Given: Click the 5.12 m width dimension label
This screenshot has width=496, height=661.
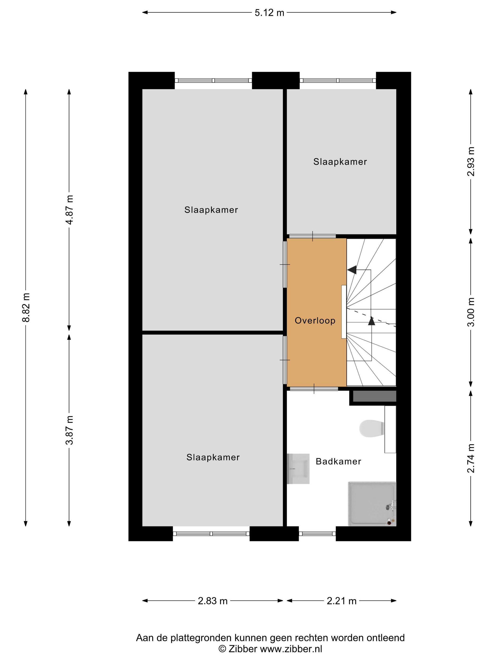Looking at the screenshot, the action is click(269, 13).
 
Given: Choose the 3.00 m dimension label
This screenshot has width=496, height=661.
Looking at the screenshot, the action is click(471, 312).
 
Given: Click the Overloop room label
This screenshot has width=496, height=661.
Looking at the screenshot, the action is click(315, 321).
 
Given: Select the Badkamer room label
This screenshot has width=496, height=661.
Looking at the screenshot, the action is click(338, 462).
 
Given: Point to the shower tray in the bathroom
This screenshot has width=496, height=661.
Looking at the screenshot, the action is click(372, 504).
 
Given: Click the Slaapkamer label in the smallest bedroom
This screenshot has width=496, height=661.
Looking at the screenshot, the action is click(340, 162).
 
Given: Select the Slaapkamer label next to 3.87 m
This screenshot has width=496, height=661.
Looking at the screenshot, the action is click(213, 457).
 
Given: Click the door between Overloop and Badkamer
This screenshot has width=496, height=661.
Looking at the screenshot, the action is click(314, 389).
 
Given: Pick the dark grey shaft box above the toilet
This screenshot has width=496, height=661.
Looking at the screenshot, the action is click(375, 396).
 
